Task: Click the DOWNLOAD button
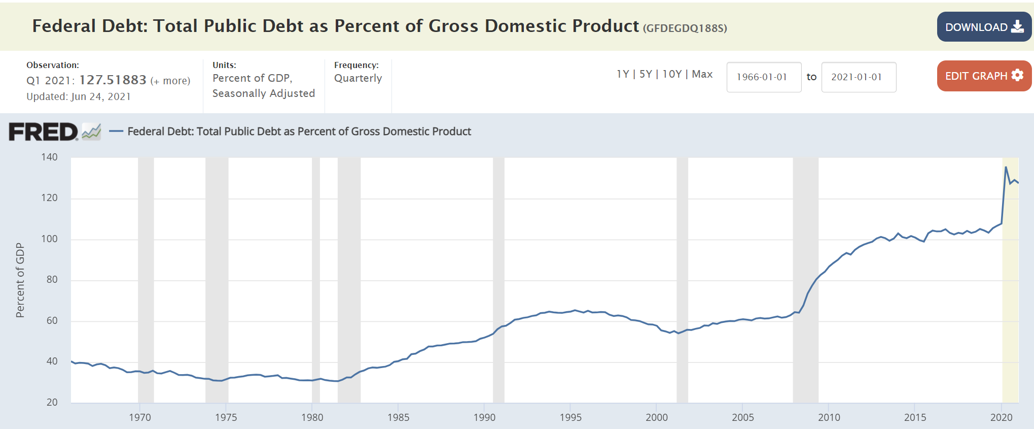click(984, 27)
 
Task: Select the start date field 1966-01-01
click(764, 77)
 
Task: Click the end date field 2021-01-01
click(859, 77)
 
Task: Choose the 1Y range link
click(622, 74)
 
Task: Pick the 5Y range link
click(646, 74)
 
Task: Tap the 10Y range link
click(672, 74)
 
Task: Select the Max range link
click(702, 74)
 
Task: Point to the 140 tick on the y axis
click(49, 157)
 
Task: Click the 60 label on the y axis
click(52, 320)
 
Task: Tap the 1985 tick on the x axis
click(398, 417)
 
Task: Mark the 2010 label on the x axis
click(829, 417)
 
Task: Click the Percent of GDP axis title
click(20, 280)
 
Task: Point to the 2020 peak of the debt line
click(1006, 167)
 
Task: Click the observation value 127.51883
click(113, 80)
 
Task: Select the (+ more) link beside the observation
click(170, 81)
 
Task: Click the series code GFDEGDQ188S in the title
click(685, 28)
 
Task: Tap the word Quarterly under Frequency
click(358, 78)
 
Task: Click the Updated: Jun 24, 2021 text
click(79, 96)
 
